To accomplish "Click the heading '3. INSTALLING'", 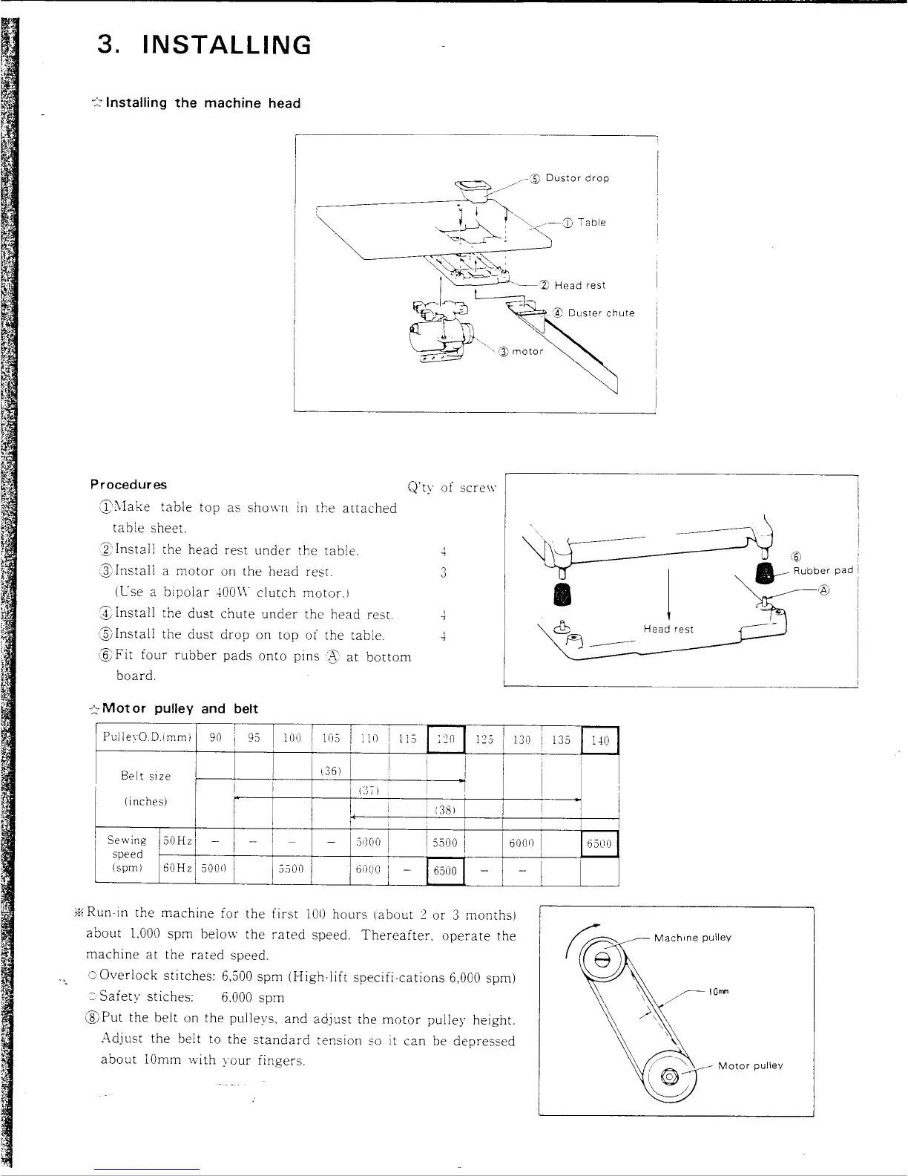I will (204, 45).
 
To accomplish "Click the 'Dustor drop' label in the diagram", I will (577, 178).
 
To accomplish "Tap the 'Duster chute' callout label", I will (601, 313).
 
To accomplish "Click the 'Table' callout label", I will (592, 222).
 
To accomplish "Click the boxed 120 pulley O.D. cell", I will (446, 739).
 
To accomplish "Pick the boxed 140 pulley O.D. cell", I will (600, 740).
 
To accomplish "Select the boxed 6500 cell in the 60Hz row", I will (445, 871).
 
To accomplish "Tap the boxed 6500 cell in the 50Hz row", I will (599, 843).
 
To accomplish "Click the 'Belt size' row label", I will (145, 776).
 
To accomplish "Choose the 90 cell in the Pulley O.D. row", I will (215, 739).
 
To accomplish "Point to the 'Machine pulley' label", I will (692, 937).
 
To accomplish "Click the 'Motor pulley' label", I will (750, 1065).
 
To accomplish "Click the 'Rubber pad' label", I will (823, 570).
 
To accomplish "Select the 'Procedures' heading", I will (128, 485).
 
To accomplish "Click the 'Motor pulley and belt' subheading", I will (180, 708).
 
